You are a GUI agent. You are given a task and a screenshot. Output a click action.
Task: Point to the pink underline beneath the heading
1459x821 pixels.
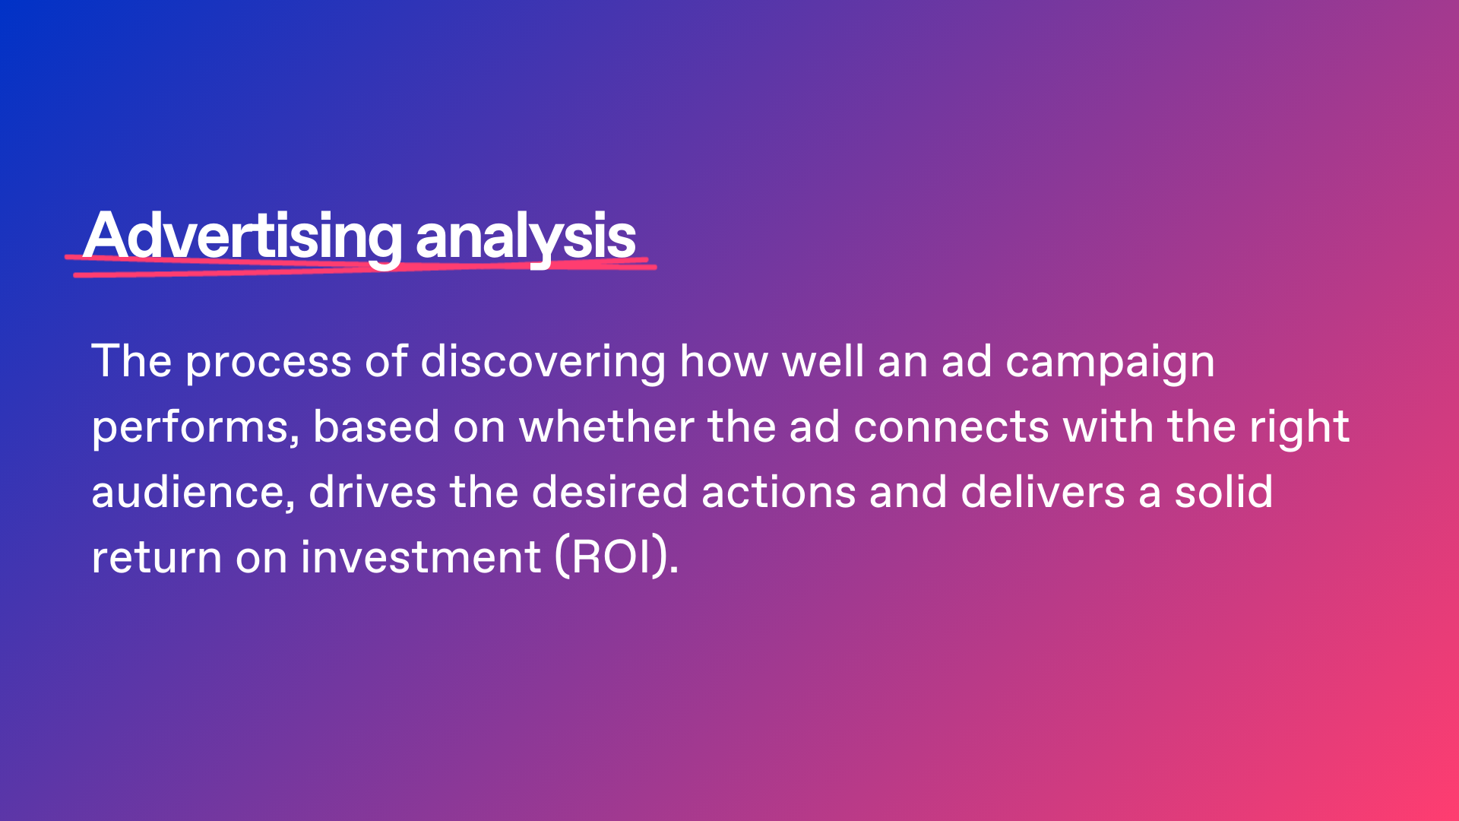(361, 267)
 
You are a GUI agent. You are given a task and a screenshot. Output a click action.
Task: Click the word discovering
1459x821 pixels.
(543, 363)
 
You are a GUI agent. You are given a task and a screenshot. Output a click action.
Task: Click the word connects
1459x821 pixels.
(951, 428)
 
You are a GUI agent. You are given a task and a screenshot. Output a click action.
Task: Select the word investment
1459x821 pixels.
(421, 557)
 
